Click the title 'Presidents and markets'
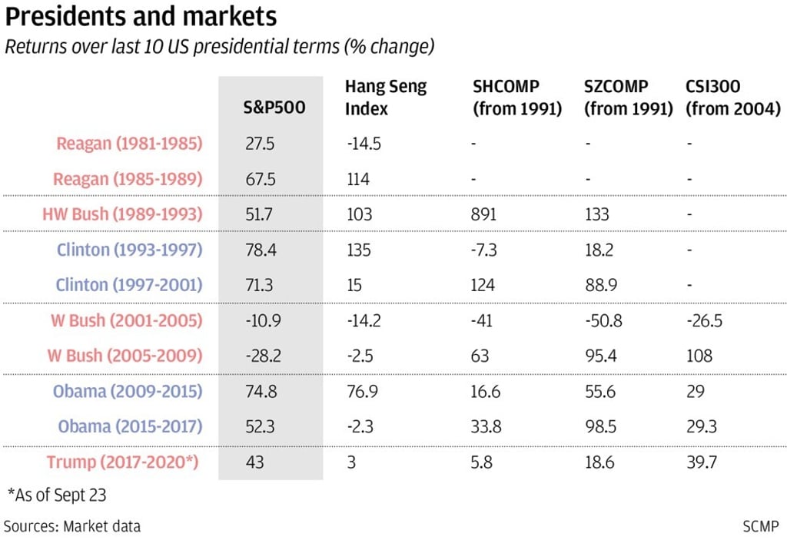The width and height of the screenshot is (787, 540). pyautogui.click(x=141, y=16)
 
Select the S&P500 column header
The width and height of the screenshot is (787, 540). pyautogui.click(x=268, y=108)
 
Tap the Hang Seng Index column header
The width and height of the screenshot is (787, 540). pyautogui.click(x=385, y=98)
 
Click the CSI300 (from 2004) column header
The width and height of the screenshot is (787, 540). pyautogui.click(x=732, y=98)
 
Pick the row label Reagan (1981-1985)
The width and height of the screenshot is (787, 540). pyautogui.click(x=129, y=144)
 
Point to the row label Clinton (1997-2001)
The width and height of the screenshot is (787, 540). pyautogui.click(x=128, y=285)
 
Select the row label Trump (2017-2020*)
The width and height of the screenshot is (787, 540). pyautogui.click(x=124, y=462)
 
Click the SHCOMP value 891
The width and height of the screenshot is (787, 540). pyautogui.click(x=484, y=214)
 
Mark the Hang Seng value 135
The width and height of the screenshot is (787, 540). pyautogui.click(x=357, y=250)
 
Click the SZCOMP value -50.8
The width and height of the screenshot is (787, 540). pyautogui.click(x=603, y=320)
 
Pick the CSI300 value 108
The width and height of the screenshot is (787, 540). pyautogui.click(x=699, y=356)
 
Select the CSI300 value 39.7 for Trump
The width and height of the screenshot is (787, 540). pyautogui.click(x=701, y=462)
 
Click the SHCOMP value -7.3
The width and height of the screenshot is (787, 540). pyautogui.click(x=486, y=250)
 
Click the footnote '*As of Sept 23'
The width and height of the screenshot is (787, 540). pyautogui.click(x=56, y=495)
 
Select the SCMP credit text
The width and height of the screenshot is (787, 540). pyautogui.click(x=760, y=526)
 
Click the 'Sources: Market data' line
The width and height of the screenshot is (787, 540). pyautogui.click(x=72, y=526)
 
